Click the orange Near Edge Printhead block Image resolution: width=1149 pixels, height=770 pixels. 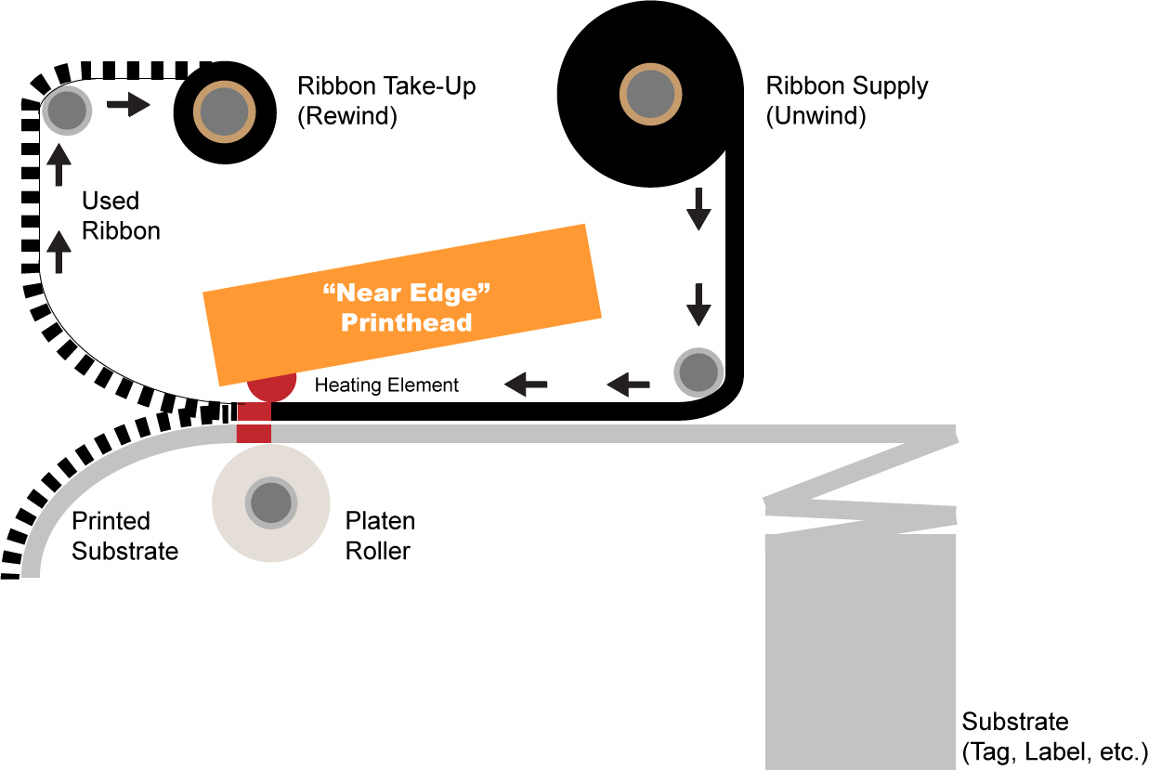(402, 305)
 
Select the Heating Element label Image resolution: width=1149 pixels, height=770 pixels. (386, 385)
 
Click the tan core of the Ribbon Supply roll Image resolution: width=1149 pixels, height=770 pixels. (650, 95)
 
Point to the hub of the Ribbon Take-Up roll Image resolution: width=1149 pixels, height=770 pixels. (225, 112)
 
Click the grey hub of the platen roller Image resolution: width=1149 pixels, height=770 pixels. (271, 502)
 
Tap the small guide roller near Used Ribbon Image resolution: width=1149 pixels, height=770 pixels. (67, 111)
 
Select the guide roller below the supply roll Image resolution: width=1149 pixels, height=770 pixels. (699, 372)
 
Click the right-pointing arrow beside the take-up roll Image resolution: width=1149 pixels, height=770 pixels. (128, 105)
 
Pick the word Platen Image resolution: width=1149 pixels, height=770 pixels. (380, 521)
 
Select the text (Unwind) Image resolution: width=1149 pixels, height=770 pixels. (816, 116)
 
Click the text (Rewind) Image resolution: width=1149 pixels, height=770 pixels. (347, 116)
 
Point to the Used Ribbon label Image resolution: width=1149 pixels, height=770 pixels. (121, 215)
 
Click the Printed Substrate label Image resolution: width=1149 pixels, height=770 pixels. (124, 536)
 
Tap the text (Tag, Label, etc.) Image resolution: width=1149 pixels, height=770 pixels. (1054, 751)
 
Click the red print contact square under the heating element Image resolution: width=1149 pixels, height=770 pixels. (254, 423)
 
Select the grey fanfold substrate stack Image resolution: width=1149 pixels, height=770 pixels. (860, 596)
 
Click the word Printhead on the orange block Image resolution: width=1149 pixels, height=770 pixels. (406, 322)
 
